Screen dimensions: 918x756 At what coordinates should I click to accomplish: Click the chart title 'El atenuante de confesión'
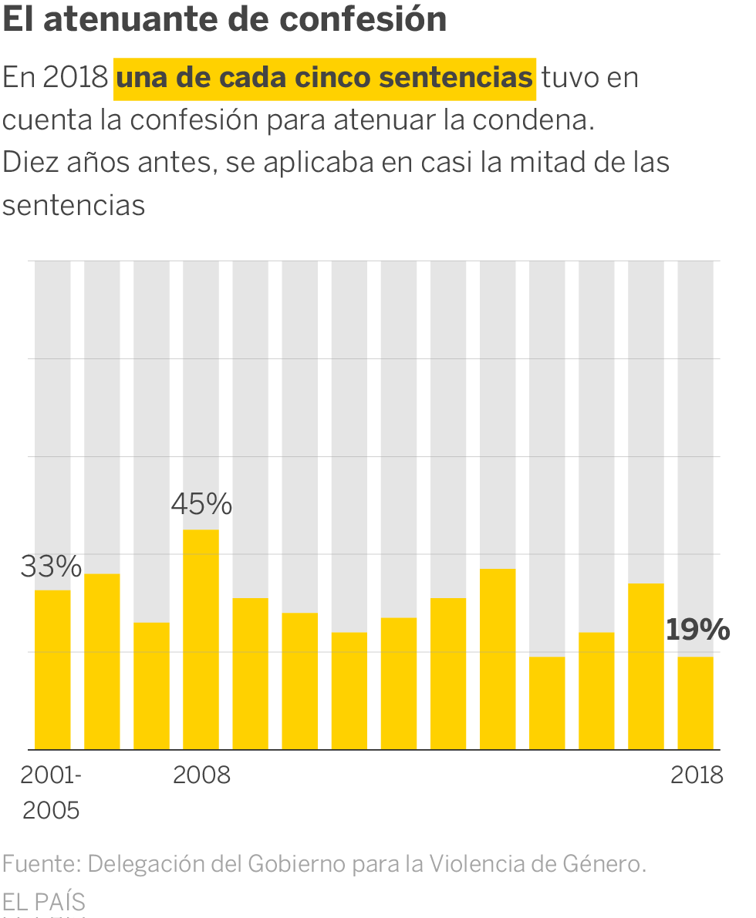224,19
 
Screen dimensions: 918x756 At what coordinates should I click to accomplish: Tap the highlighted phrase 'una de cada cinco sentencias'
324,78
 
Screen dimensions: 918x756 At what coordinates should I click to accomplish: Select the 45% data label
201,505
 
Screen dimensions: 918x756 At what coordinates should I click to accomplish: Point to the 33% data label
51,567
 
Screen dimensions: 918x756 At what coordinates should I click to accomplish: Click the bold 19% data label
697,630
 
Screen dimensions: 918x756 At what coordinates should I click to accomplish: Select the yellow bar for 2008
201,639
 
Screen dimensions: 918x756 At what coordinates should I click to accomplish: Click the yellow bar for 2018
695,702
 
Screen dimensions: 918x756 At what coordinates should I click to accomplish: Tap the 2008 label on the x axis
201,775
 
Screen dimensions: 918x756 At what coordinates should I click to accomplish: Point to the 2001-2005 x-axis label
51,792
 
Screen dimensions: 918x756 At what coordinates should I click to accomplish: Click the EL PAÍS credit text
44,901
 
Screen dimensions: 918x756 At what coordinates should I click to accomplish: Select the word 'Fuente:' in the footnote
41,864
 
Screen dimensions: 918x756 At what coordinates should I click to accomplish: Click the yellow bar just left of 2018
646,666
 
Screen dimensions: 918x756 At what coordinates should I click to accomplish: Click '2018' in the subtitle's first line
76,78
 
